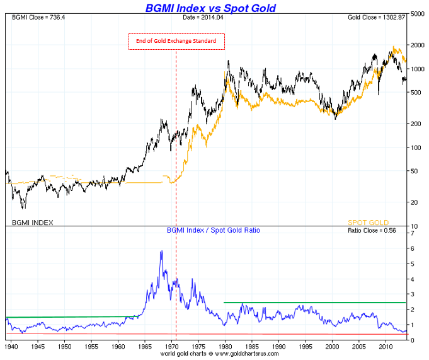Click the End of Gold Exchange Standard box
pyautogui.click(x=176, y=42)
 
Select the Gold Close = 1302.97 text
pyautogui.click(x=377, y=17)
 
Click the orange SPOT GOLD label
pyautogui.click(x=368, y=223)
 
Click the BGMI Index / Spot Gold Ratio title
pyautogui.click(x=214, y=231)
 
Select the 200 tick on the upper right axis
pyautogui.click(x=416, y=124)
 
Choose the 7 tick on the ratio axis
pyautogui.click(x=413, y=233)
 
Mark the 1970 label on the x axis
pyautogui.click(x=172, y=347)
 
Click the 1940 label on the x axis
pyautogui.click(x=11, y=347)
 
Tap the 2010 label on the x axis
pyautogui.click(x=386, y=347)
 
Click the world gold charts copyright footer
pyautogui.click(x=215, y=355)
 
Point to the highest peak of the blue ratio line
pyautogui.click(x=161, y=252)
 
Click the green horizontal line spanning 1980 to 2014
pyautogui.click(x=315, y=303)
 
